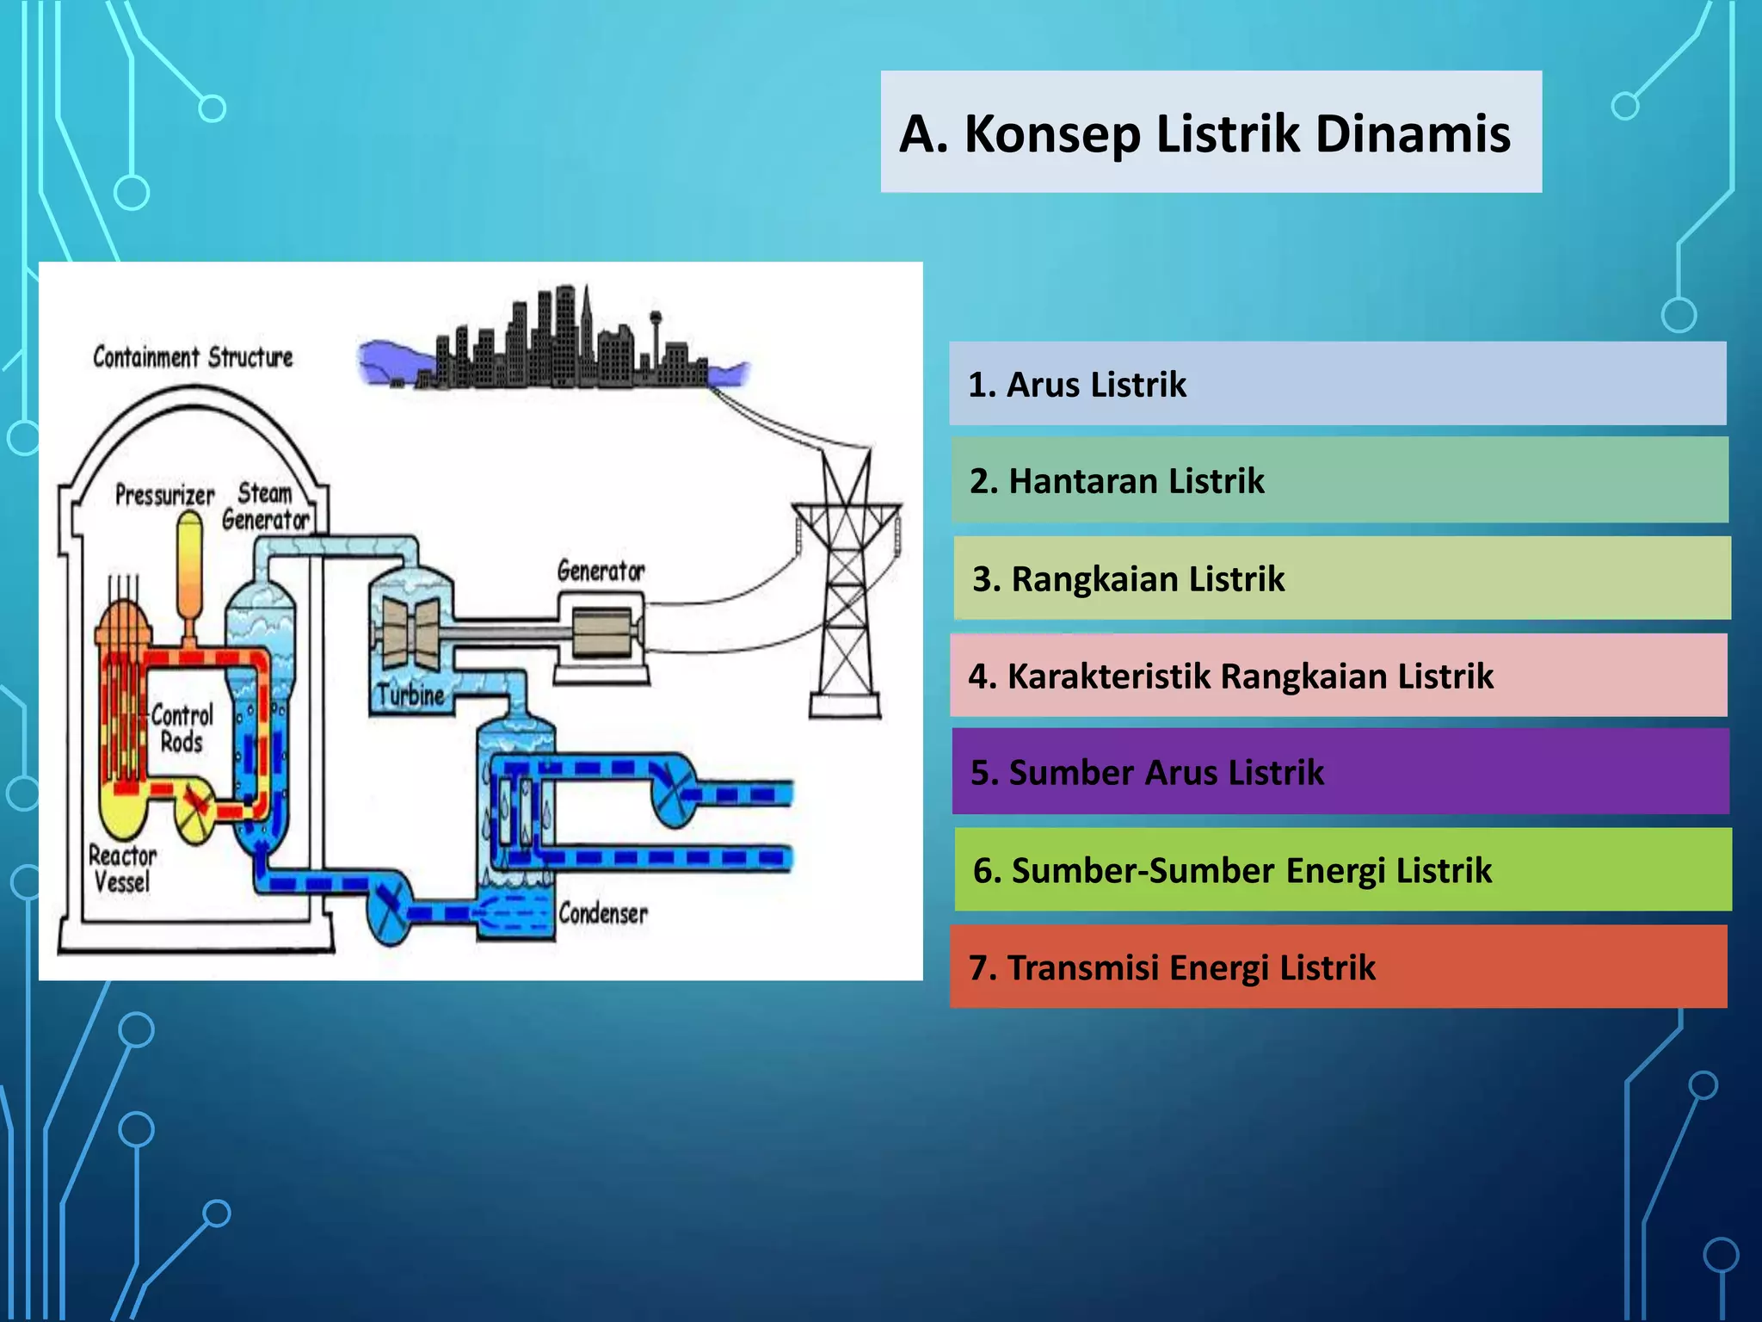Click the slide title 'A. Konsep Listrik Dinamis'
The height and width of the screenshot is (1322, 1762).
pyautogui.click(x=1204, y=133)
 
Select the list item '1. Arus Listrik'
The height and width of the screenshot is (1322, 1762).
pyautogui.click(x=1337, y=384)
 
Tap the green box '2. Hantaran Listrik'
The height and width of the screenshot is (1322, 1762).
pyautogui.click(x=1339, y=480)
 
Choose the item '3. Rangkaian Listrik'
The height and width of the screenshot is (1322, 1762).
pyautogui.click(x=1341, y=578)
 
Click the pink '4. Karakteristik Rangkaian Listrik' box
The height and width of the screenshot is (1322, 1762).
pyautogui.click(x=1338, y=676)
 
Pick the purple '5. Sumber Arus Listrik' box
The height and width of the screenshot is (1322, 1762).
pyautogui.click(x=1340, y=772)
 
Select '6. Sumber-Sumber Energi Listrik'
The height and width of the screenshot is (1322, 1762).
pyautogui.click(x=1342, y=869)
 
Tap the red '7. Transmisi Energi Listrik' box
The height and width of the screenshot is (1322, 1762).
pyautogui.click(x=1338, y=967)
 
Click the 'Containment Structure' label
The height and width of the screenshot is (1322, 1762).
pyautogui.click(x=193, y=357)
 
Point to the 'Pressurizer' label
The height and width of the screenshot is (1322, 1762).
pyautogui.click(x=164, y=495)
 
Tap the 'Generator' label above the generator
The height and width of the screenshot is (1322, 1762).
pyautogui.click(x=601, y=571)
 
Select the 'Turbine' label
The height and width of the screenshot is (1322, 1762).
pyautogui.click(x=410, y=695)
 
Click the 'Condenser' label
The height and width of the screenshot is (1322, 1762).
pyautogui.click(x=602, y=913)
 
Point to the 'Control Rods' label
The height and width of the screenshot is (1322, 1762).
pyautogui.click(x=182, y=728)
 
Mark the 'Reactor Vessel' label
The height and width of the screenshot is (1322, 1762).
pyautogui.click(x=122, y=868)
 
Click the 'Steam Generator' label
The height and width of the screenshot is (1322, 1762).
pyautogui.click(x=265, y=506)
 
